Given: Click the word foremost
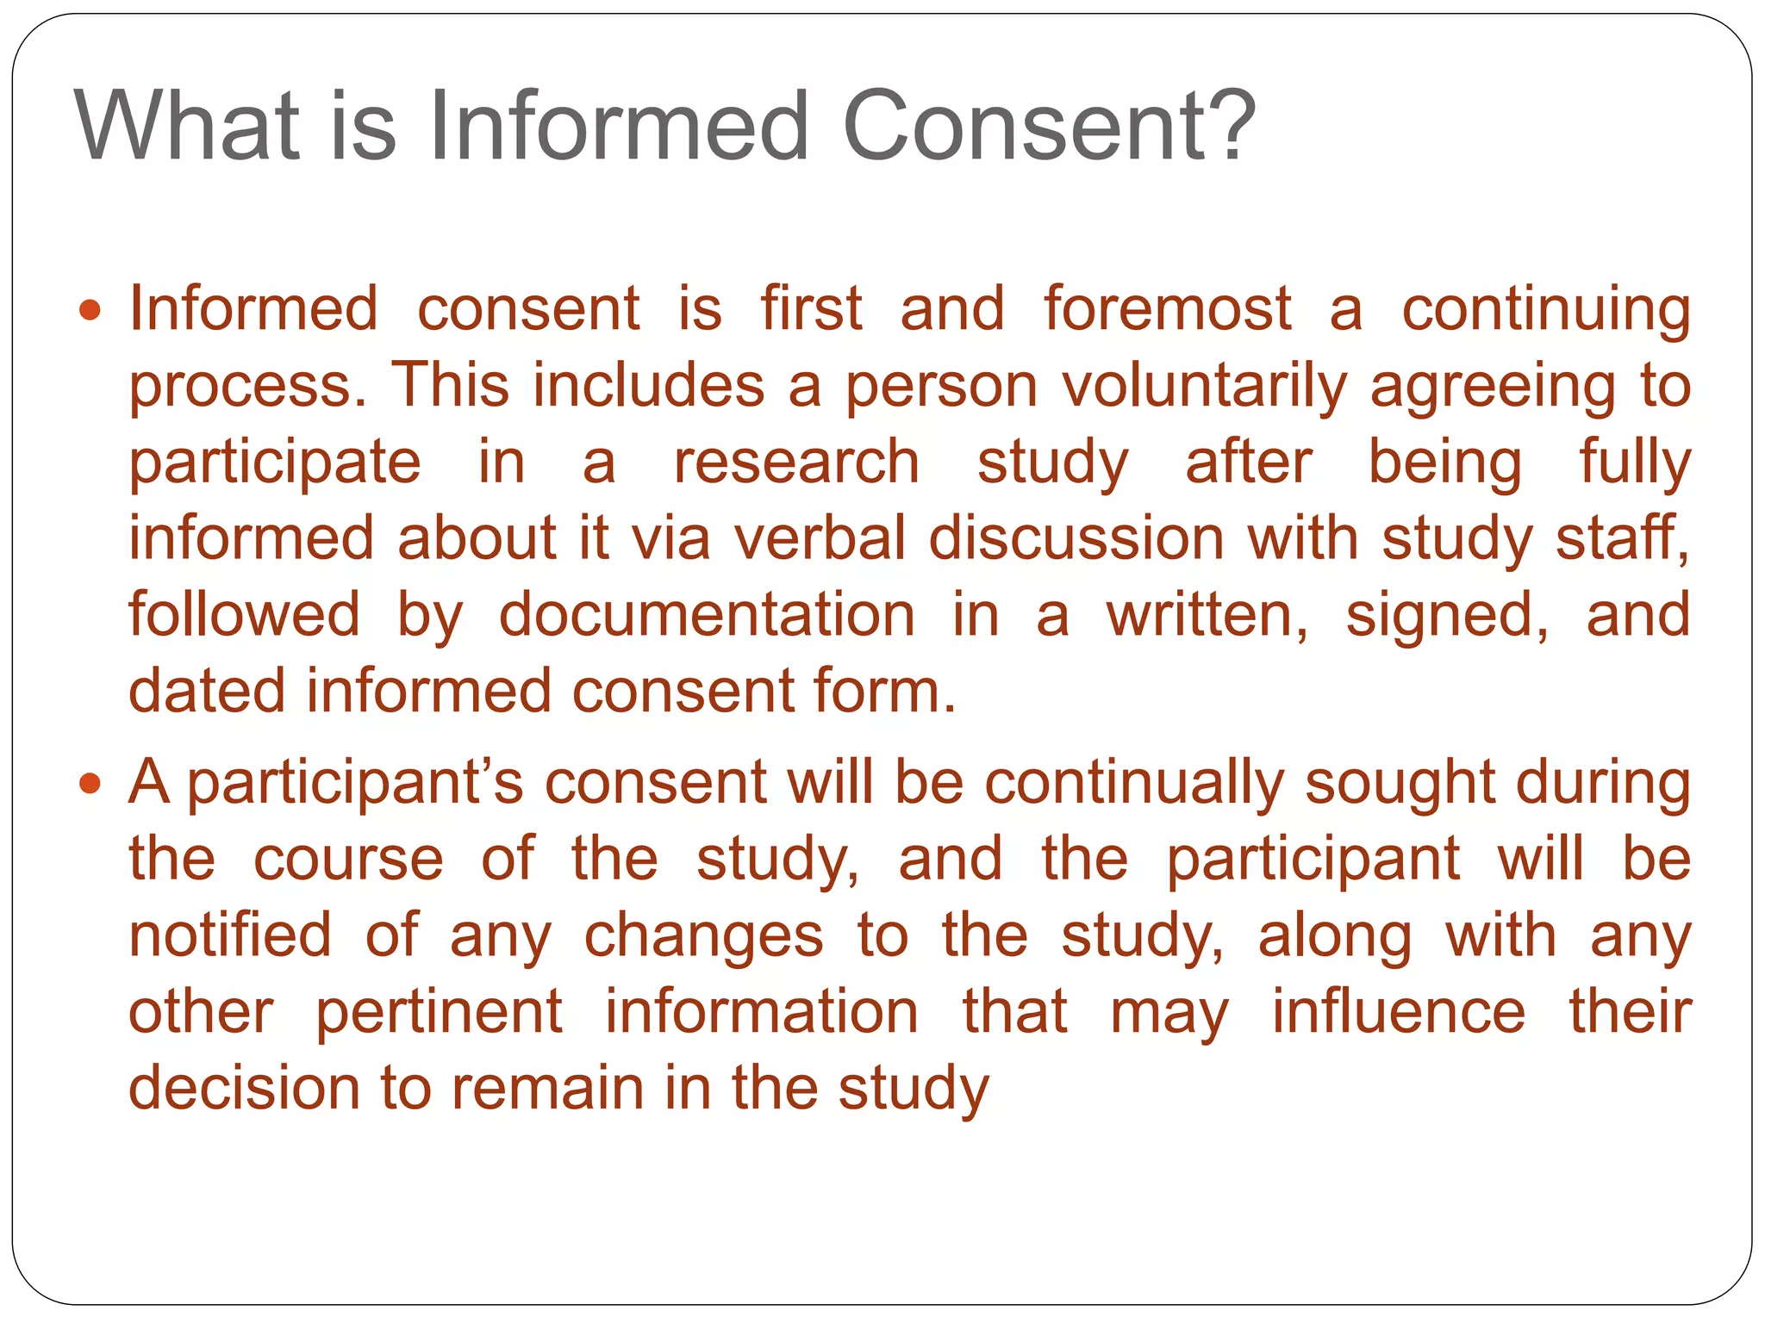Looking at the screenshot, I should click(x=1168, y=308).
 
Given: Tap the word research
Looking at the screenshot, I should click(x=796, y=462).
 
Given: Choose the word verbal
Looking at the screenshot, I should click(x=820, y=538).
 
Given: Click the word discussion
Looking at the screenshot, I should click(x=1076, y=538).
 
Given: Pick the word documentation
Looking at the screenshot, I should click(x=707, y=615).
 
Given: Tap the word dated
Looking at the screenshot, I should click(x=207, y=691).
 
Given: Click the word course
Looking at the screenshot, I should click(x=348, y=859).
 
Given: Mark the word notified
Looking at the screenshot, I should click(x=229, y=935).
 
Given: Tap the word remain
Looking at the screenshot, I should click(x=547, y=1088).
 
